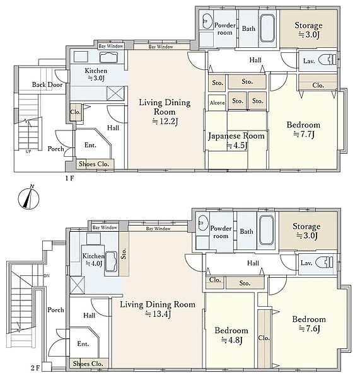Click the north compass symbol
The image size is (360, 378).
(x=29, y=198)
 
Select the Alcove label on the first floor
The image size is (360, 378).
(x=217, y=103)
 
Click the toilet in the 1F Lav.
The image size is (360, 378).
(x=327, y=60)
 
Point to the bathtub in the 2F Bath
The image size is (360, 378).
(x=267, y=230)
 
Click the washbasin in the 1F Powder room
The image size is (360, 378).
(x=206, y=21)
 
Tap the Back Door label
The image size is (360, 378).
(x=47, y=84)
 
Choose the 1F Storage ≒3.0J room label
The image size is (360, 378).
(x=308, y=30)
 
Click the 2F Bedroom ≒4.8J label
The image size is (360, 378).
(x=231, y=335)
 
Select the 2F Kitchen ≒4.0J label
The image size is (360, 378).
(x=93, y=260)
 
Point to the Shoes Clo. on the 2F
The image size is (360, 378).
(x=88, y=364)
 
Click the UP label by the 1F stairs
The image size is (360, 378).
(x=28, y=152)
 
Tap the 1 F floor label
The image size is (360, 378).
(x=69, y=178)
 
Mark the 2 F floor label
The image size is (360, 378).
(x=35, y=368)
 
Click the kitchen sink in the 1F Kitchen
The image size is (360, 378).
(x=108, y=57)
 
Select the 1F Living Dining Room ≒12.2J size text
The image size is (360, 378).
(x=165, y=121)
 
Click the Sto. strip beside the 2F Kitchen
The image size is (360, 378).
(x=124, y=254)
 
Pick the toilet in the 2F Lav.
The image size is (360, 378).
(x=325, y=262)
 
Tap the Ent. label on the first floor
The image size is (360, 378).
(x=90, y=145)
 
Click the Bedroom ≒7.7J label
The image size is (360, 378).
(x=303, y=129)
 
